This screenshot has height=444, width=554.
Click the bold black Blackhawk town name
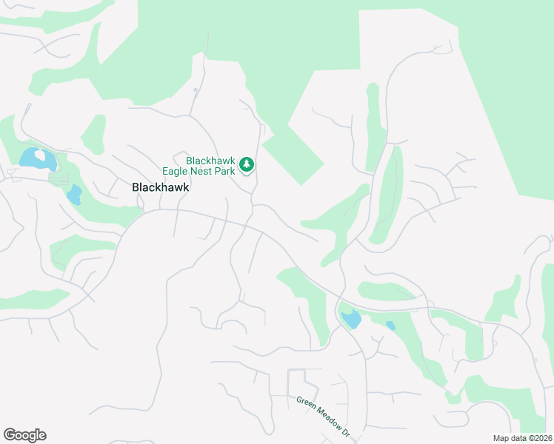click(x=161, y=187)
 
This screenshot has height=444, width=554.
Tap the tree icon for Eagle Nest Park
click(x=247, y=164)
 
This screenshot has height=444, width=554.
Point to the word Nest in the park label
click(x=207, y=171)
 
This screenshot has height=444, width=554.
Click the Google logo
click(x=24, y=435)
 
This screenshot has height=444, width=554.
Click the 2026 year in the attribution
click(x=541, y=438)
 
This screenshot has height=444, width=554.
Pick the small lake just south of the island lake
click(x=73, y=195)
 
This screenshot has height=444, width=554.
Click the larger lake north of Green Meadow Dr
click(x=350, y=320)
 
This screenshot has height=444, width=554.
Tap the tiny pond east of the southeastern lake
click(x=390, y=326)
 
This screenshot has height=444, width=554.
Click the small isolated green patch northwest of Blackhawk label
click(x=93, y=133)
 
